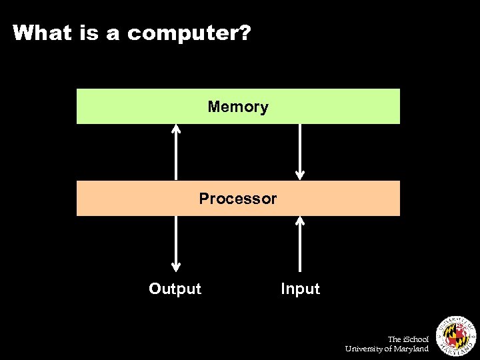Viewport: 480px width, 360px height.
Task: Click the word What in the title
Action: [41, 33]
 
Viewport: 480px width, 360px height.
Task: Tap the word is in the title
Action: [91, 33]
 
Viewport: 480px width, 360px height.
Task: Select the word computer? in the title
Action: [189, 33]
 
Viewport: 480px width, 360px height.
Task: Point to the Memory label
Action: [238, 107]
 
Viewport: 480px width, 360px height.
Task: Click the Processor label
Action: [238, 199]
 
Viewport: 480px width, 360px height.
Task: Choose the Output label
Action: [175, 289]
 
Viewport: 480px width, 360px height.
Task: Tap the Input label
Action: [300, 289]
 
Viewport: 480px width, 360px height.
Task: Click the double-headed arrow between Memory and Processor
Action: [176, 152]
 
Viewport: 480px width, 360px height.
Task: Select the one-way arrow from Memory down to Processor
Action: [300, 152]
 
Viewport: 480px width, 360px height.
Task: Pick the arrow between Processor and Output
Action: [176, 244]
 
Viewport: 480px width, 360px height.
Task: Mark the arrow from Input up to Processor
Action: [300, 244]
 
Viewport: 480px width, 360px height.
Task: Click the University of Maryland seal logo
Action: [456, 334]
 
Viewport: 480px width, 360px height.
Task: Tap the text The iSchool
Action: [409, 339]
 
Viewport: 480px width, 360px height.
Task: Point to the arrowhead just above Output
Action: [176, 267]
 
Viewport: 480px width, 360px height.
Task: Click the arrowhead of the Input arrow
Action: [300, 221]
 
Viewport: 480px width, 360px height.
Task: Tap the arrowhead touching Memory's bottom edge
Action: [176, 129]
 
